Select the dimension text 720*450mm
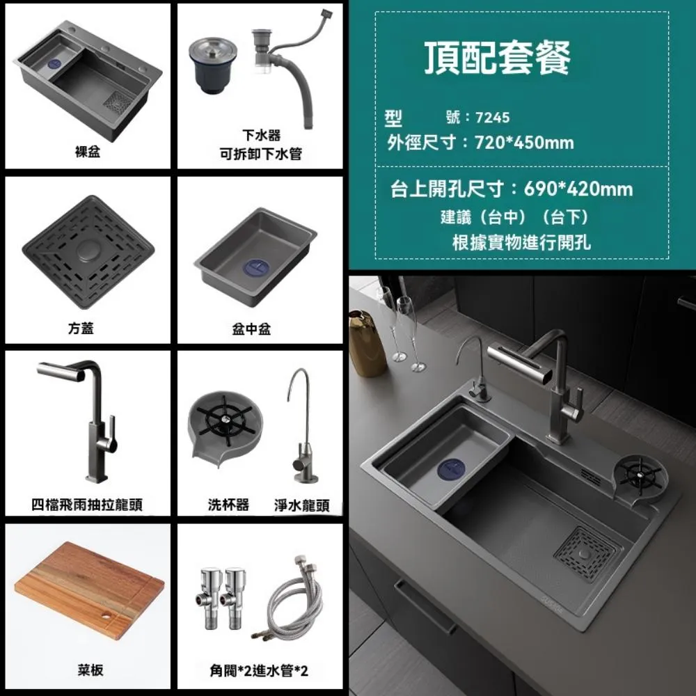click(x=523, y=143)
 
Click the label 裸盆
click(x=88, y=152)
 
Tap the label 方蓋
click(x=88, y=329)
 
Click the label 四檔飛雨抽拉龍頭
click(x=88, y=505)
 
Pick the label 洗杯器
click(x=228, y=505)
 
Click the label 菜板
click(x=90, y=670)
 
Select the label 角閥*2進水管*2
click(x=259, y=671)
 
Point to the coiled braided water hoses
click(x=288, y=602)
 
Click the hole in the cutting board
click(x=106, y=617)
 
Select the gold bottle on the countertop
click(x=367, y=344)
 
